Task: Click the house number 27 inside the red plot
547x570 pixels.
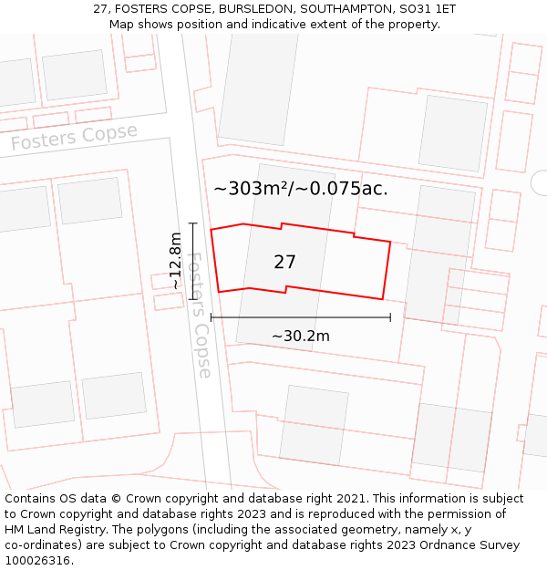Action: click(284, 262)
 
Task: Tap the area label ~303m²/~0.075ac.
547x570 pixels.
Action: click(300, 189)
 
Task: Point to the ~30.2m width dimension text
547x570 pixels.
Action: click(300, 336)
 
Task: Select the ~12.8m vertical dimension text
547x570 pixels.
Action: click(175, 261)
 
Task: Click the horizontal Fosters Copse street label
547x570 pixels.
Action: click(74, 137)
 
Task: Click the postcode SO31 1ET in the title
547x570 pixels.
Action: click(423, 9)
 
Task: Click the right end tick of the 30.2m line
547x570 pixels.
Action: click(390, 317)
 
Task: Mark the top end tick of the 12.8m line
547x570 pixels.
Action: click(192, 223)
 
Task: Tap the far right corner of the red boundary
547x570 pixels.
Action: click(390, 242)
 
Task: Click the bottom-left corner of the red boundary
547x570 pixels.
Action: click(219, 292)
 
